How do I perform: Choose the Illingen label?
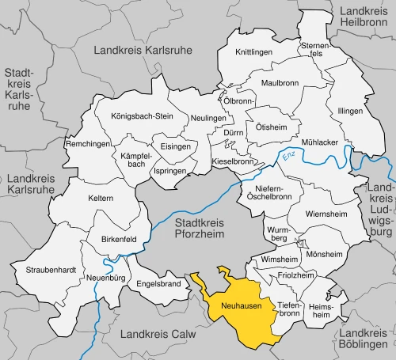[x=350, y=111]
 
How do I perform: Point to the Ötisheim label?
[x=271, y=127]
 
